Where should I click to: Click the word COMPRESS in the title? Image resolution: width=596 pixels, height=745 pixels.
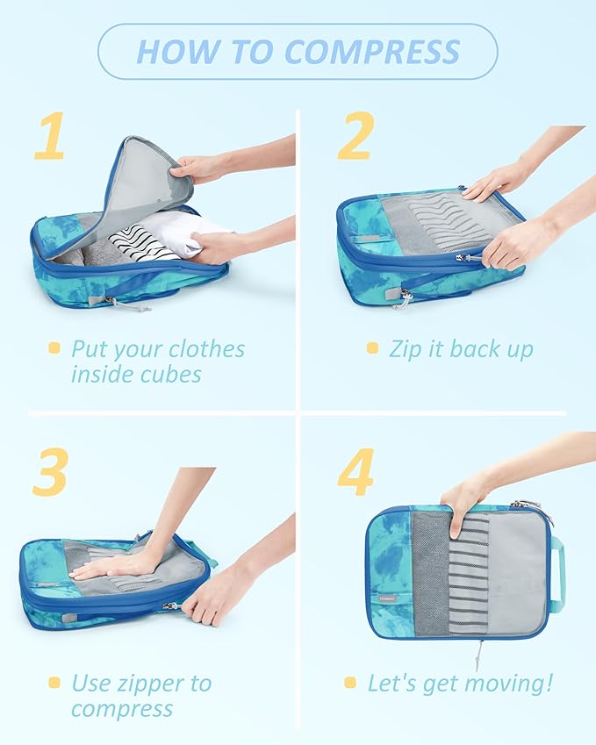pos(374,52)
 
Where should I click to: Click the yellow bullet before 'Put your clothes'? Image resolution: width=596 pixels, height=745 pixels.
pos(54,348)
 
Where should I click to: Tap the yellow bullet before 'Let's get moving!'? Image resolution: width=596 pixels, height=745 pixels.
pos(349,682)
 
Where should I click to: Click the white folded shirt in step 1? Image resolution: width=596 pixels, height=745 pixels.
pos(197,229)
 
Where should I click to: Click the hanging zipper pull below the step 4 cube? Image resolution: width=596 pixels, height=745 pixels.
pos(478,655)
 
